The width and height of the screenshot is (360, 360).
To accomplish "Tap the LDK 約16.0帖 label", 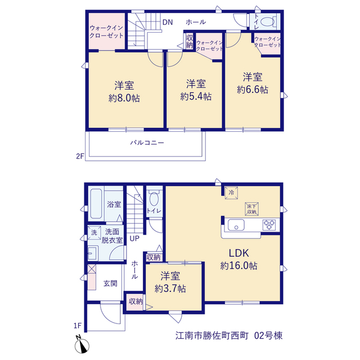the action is click(x=238, y=259).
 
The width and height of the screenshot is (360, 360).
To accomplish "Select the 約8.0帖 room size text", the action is click(x=124, y=98).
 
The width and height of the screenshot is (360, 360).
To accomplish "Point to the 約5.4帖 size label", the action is click(x=196, y=97).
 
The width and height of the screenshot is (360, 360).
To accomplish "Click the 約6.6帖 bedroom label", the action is click(x=253, y=89).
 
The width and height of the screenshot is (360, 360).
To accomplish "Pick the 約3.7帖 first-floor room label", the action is click(x=170, y=289).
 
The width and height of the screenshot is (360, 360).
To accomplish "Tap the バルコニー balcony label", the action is click(x=147, y=143).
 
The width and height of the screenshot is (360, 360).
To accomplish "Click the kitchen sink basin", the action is click(x=236, y=225).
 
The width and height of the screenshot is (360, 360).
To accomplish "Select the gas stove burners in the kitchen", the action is click(x=269, y=225).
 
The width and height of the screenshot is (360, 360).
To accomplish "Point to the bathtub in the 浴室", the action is click(x=96, y=204).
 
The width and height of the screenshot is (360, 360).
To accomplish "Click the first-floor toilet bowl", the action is click(x=154, y=198).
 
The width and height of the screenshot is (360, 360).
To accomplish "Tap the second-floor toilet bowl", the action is click(x=268, y=22).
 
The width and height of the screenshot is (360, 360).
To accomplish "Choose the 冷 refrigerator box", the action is click(x=231, y=192).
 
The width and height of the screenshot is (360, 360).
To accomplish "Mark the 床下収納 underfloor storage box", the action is click(x=252, y=209).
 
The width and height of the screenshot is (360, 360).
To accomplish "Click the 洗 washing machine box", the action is click(x=94, y=232).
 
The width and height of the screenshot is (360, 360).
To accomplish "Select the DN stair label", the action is click(x=168, y=22).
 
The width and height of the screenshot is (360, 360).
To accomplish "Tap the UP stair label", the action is click(x=134, y=238).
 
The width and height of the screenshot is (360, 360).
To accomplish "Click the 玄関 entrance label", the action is click(x=110, y=283).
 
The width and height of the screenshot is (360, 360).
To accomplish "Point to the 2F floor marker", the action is click(x=80, y=156).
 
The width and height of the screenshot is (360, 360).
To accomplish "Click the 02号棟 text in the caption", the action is click(x=268, y=336).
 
